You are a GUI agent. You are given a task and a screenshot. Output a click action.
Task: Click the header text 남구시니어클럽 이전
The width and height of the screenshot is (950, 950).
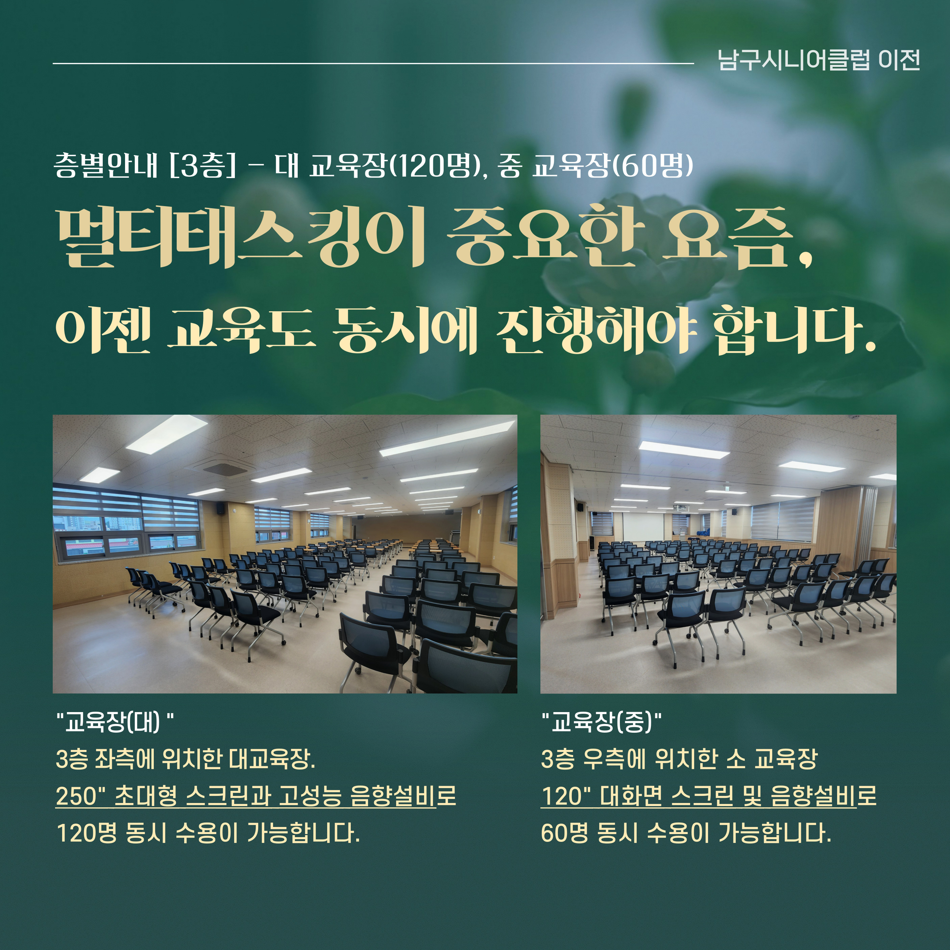pos(819,60)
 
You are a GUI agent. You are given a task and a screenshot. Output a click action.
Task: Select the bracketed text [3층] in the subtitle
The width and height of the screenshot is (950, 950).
pos(202,166)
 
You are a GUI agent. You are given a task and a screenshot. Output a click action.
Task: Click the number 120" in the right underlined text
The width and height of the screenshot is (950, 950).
pos(565,796)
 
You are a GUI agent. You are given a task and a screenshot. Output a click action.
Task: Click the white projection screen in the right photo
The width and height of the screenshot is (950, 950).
pos(643,527)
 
